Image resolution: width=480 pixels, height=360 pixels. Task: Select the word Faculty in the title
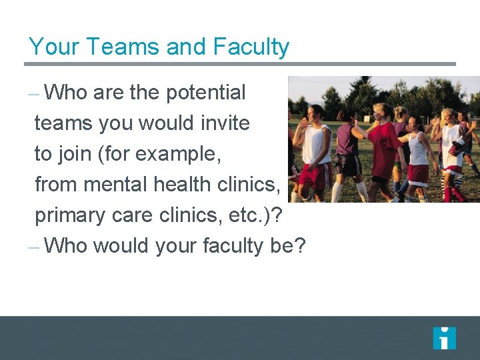coord(251,47)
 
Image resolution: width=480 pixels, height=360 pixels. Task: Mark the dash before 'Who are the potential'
coord(35,94)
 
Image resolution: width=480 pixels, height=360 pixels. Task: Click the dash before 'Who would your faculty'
coord(35,247)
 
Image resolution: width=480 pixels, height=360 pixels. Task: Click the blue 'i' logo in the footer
coord(444,339)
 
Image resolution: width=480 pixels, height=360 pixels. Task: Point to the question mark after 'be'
coord(299,246)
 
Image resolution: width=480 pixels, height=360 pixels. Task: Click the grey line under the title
coord(240,65)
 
